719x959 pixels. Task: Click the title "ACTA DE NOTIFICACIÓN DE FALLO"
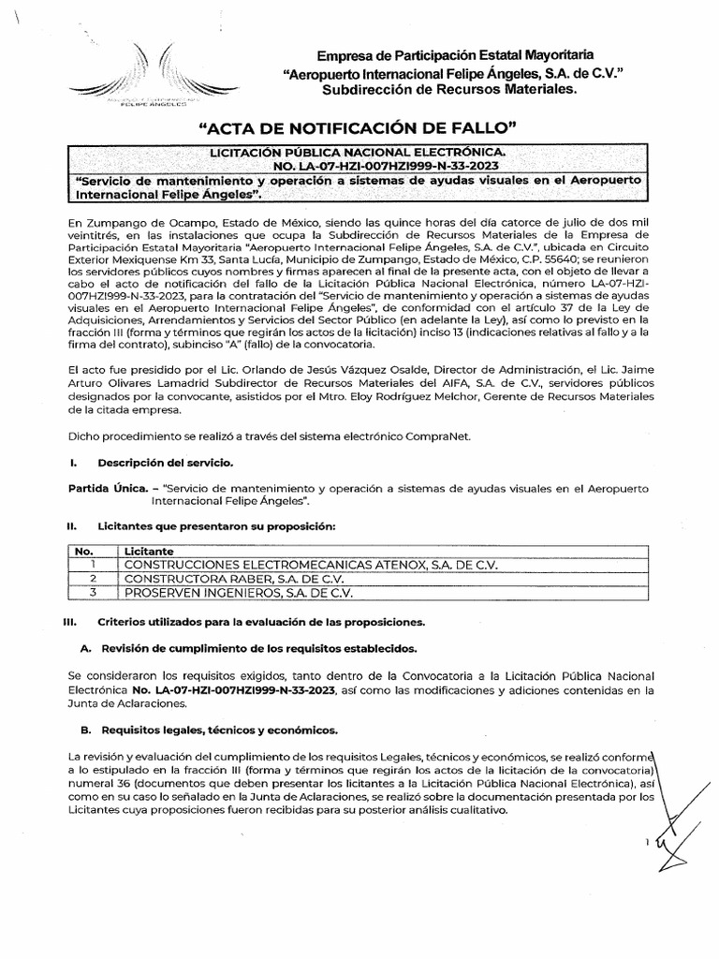coord(359,126)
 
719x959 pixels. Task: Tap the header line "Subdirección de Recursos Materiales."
coord(449,89)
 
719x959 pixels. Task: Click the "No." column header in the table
coord(83,552)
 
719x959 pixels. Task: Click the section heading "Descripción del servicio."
coord(159,464)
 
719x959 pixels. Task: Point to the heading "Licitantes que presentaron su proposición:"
coord(216,528)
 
